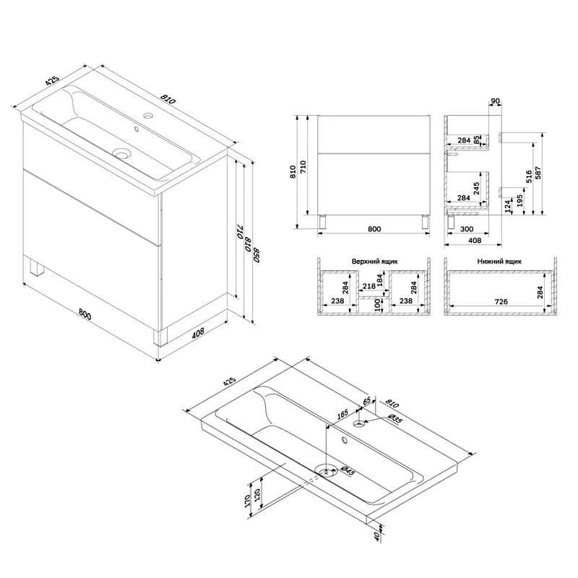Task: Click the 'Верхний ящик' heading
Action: pyautogui.click(x=374, y=262)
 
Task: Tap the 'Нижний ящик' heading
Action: pyautogui.click(x=499, y=262)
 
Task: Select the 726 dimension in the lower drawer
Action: pyautogui.click(x=501, y=301)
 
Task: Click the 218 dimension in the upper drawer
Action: pyautogui.click(x=369, y=285)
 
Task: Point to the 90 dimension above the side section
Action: pyautogui.click(x=496, y=101)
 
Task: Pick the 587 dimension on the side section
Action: pyautogui.click(x=538, y=173)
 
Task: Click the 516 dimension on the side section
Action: pyautogui.click(x=529, y=177)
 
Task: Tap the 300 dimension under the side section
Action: pyautogui.click(x=467, y=229)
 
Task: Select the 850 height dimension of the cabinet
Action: pyautogui.click(x=256, y=255)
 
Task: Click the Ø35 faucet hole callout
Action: pyautogui.click(x=394, y=419)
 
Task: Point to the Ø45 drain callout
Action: pyautogui.click(x=348, y=471)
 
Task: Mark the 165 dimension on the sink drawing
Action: pyautogui.click(x=342, y=414)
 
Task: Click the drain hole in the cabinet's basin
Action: pyautogui.click(x=121, y=153)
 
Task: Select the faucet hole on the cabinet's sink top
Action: pyautogui.click(x=148, y=116)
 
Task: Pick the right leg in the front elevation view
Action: pyautogui.click(x=426, y=223)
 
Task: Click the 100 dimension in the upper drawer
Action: pyautogui.click(x=377, y=305)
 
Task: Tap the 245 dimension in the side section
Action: pyautogui.click(x=476, y=189)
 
